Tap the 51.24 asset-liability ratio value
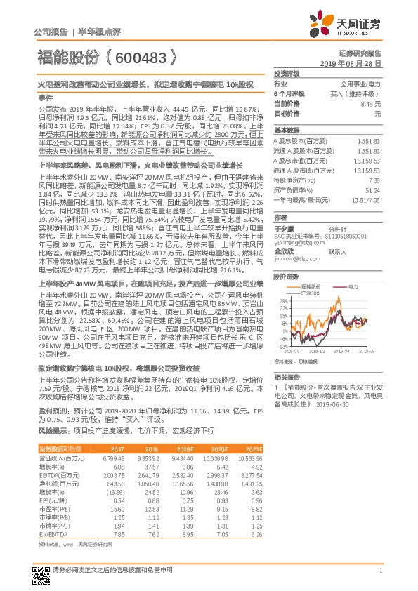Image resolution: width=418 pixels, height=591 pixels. pyautogui.click(x=372, y=190)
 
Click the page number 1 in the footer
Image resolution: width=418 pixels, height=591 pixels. pyautogui.click(x=379, y=571)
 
